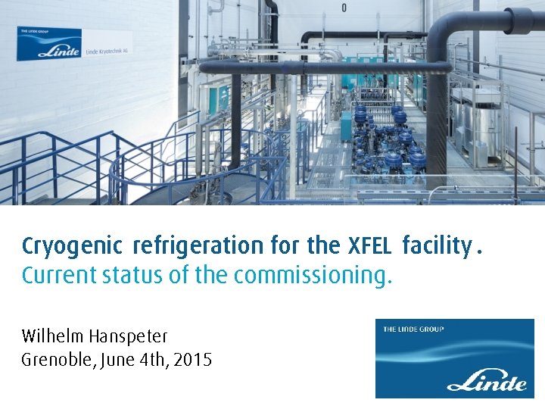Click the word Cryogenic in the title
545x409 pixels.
click(x=72, y=246)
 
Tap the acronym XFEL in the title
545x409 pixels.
click(x=369, y=246)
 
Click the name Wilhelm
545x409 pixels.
click(x=54, y=336)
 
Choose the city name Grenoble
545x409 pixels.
click(x=55, y=360)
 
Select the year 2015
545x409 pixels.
click(x=193, y=360)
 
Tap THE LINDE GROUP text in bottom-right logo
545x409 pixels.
click(x=413, y=329)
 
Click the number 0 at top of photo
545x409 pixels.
click(x=344, y=8)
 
